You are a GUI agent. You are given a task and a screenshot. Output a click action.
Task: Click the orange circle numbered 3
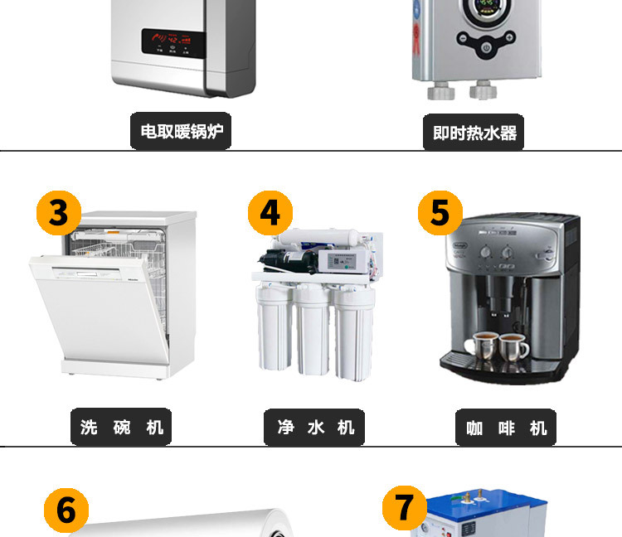tap(59, 213)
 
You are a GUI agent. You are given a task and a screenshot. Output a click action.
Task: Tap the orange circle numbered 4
tap(270, 213)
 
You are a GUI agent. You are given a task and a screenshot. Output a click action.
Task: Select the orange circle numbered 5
tap(440, 213)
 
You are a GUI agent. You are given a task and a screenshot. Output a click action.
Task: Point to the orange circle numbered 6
tap(66, 510)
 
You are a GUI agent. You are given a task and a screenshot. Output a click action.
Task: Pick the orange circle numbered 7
tap(405, 508)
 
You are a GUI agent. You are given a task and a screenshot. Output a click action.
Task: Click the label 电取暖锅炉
tap(181, 131)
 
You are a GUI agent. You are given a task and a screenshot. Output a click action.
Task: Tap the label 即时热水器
tap(474, 133)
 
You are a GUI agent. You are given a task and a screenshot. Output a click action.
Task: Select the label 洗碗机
tap(121, 427)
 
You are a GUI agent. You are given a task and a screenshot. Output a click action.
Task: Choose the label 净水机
tap(314, 428)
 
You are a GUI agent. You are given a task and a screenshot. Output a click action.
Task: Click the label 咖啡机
tap(506, 428)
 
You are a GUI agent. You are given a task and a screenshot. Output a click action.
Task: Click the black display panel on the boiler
tap(174, 43)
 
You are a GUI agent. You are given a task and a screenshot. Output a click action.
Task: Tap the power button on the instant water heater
tap(486, 48)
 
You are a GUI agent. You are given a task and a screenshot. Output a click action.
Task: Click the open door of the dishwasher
tap(100, 309)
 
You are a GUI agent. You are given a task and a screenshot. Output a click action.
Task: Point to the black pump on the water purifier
tap(289, 260)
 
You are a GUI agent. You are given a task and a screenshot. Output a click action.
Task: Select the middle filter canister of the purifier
tap(312, 330)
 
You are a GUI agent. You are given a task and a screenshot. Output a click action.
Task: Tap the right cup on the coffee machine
tap(513, 347)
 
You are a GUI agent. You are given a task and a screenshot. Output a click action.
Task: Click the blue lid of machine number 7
tap(486, 502)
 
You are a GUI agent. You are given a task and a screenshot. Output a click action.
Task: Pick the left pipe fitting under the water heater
tap(440, 90)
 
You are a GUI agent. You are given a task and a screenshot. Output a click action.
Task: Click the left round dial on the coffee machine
tap(486, 252)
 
